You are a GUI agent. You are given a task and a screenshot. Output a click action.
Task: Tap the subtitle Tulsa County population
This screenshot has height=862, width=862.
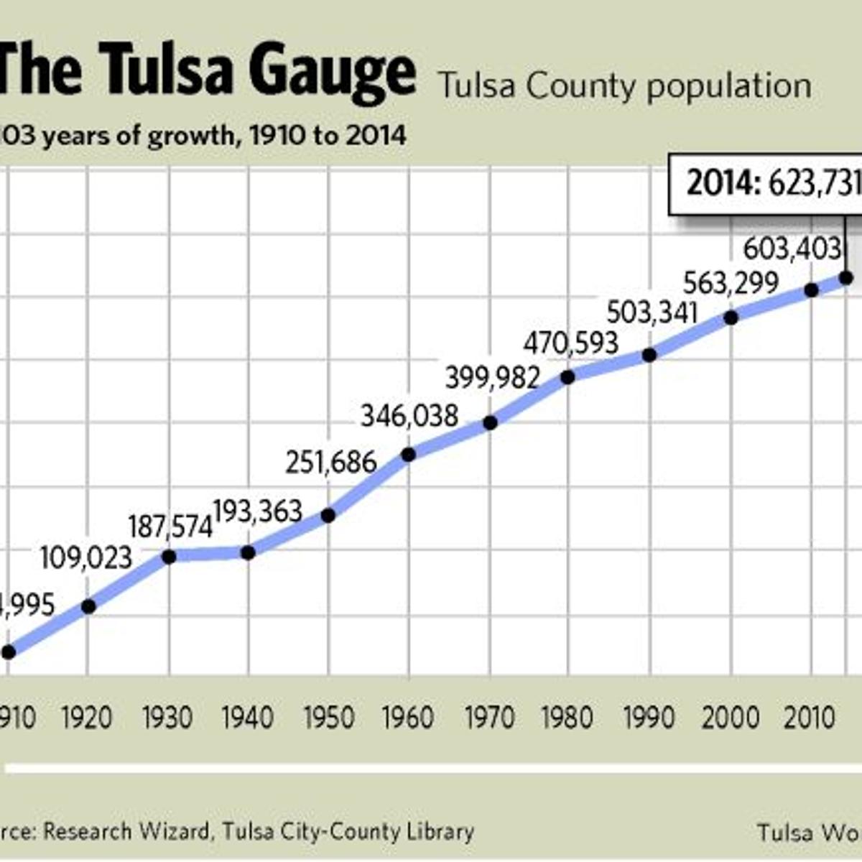click(x=625, y=86)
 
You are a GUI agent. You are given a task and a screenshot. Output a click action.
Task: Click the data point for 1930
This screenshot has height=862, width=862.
click(x=170, y=557)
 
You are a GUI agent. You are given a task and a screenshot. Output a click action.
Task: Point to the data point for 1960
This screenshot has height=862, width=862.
click(x=408, y=454)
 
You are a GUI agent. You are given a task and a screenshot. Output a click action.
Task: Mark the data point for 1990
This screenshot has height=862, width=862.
click(x=649, y=354)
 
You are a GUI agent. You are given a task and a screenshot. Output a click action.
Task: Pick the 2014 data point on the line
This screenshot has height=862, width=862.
click(x=845, y=277)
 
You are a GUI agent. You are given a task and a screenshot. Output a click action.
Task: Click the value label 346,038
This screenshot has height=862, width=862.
click(x=409, y=416)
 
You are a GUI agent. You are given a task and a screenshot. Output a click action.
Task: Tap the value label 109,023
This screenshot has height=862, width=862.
click(x=86, y=558)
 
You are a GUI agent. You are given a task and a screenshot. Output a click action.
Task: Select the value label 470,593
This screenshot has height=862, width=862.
click(x=570, y=343)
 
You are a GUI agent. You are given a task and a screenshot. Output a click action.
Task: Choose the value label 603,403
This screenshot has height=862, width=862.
click(x=792, y=249)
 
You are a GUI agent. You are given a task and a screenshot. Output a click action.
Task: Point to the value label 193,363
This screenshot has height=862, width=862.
click(x=258, y=511)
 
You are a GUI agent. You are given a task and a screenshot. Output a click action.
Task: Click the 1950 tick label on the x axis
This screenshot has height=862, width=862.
click(x=329, y=718)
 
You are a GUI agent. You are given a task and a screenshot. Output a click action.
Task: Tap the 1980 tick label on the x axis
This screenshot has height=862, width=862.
click(x=567, y=718)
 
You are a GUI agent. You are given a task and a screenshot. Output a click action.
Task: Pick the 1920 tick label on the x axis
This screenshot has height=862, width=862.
click(x=87, y=718)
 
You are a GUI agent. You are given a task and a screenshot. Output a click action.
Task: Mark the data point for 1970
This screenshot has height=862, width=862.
click(x=490, y=422)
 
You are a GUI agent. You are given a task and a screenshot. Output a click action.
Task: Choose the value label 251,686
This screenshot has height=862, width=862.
click(x=331, y=462)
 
